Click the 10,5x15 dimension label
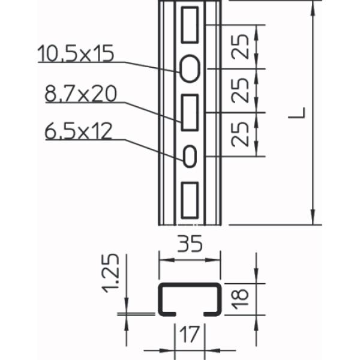coord(76,54)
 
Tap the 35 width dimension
coord(190,245)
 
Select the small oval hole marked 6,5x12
coord(190,156)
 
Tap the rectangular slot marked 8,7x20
coord(190,112)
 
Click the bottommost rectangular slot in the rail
coord(190,199)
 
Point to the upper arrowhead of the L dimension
coord(313,8)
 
